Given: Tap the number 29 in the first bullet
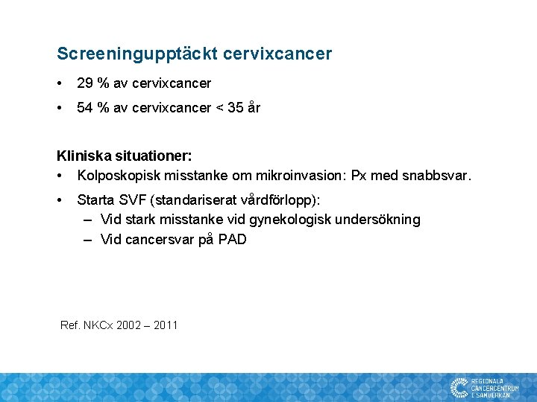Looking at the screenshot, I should [84, 83].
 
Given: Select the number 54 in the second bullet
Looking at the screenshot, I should [84, 108].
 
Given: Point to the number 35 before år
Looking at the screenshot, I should [236, 108].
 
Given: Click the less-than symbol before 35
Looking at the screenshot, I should [219, 108].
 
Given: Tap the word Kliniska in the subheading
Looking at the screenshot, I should [82, 156].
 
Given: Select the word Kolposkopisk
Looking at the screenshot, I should [116, 176].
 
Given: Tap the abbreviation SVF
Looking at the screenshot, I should [128, 200].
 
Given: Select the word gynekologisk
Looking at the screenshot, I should [292, 220].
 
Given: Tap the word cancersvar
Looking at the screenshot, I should [160, 240].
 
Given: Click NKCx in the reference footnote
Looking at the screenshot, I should [97, 325].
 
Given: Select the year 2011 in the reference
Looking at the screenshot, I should [164, 325].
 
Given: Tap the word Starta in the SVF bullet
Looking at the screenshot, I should [94, 200].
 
